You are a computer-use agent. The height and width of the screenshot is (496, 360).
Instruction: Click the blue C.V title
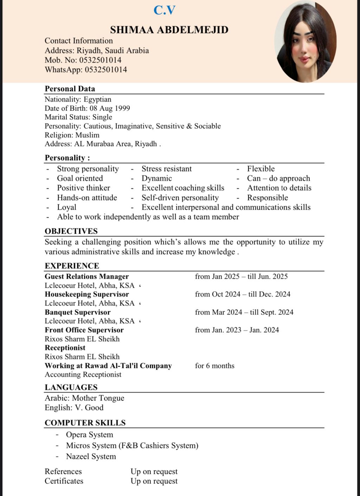(x=164, y=10)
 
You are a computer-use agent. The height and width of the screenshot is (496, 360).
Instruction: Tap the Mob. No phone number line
(x=83, y=60)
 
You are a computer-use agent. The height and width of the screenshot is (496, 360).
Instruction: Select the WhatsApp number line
(x=86, y=69)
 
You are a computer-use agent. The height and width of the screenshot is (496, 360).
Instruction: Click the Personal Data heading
(x=70, y=89)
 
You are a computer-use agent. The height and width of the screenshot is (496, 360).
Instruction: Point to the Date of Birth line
(x=87, y=108)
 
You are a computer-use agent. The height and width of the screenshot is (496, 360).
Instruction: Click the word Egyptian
(x=97, y=99)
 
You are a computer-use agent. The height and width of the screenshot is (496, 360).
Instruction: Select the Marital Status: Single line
(x=78, y=117)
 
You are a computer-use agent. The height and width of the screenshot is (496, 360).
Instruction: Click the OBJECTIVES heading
(x=71, y=231)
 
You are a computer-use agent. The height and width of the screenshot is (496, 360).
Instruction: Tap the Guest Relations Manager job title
(x=86, y=276)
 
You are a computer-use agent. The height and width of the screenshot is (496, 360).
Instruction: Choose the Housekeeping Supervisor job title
(x=86, y=294)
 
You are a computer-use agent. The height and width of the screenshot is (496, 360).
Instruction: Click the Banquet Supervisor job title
(x=77, y=312)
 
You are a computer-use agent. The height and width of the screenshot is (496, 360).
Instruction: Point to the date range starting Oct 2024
(x=243, y=294)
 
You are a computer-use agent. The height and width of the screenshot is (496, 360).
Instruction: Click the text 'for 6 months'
(x=214, y=365)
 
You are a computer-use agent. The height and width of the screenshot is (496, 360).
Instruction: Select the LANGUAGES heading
(x=71, y=387)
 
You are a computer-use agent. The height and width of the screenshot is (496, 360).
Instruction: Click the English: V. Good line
(x=74, y=407)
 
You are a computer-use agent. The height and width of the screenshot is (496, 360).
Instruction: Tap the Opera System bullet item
(x=89, y=434)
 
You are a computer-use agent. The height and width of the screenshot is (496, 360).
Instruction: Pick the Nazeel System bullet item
(x=91, y=456)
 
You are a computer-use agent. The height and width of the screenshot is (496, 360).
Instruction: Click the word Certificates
(x=64, y=481)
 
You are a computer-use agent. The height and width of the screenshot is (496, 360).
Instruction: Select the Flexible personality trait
(x=261, y=169)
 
